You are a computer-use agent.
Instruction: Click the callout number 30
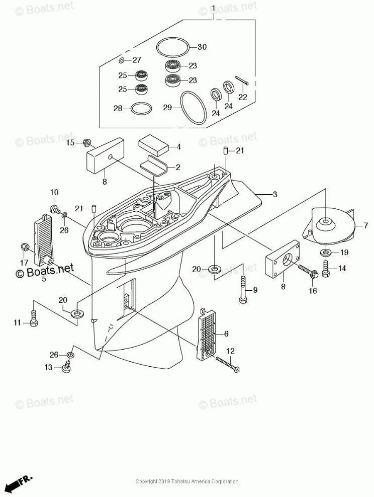202,47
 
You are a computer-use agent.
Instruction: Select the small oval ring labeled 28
140,108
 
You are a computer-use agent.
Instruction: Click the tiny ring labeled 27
121,60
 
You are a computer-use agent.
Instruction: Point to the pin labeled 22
244,81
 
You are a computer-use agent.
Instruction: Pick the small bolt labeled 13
65,368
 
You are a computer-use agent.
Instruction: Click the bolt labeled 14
325,269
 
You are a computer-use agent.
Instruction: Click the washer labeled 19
325,252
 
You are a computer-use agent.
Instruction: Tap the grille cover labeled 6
207,332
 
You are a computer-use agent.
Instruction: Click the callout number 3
274,194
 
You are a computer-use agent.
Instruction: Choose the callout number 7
366,226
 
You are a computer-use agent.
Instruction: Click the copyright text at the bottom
187,481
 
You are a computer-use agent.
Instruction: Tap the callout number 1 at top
213,9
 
